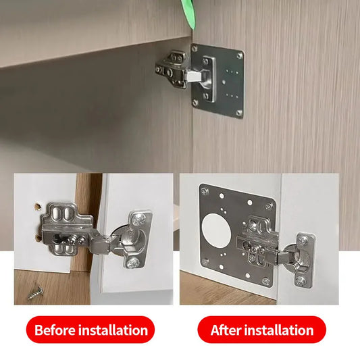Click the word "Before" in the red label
tap(55, 330)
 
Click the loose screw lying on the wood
tap(34, 293)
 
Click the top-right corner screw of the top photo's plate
tap(239, 55)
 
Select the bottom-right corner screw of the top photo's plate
tap(237, 112)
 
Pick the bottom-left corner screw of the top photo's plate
tap(195, 103)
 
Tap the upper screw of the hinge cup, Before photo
tap(138, 218)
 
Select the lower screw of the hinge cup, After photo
tap(300, 278)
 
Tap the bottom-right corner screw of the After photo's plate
tap(265, 281)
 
